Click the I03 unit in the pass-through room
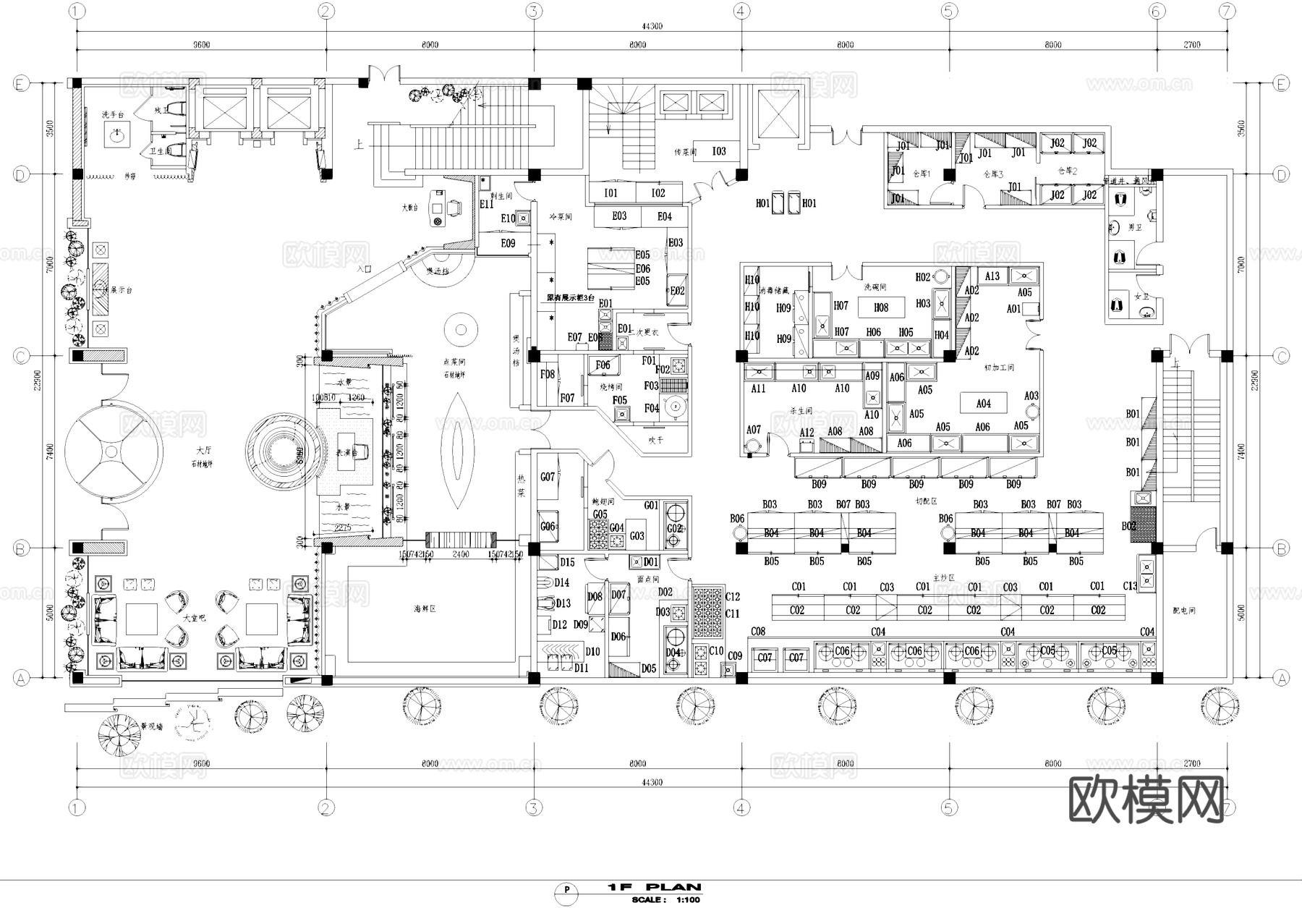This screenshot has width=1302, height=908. [718, 150]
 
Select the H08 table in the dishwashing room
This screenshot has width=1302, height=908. [881, 307]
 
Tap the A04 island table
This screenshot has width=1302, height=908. [983, 404]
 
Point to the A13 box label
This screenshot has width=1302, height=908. [992, 276]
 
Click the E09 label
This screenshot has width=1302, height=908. [508, 243]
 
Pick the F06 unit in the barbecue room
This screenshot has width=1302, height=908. [603, 365]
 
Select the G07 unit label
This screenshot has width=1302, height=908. [548, 477]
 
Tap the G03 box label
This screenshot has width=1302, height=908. [637, 535]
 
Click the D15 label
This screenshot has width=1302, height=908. [567, 562]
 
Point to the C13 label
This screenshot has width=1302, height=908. [1130, 586]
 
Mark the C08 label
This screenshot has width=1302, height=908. [757, 632]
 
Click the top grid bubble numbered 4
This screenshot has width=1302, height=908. [741, 11]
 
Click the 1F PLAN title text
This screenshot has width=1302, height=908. [655, 886]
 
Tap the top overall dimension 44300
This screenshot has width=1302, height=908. [652, 27]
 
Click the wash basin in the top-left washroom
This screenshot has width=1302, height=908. [116, 133]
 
